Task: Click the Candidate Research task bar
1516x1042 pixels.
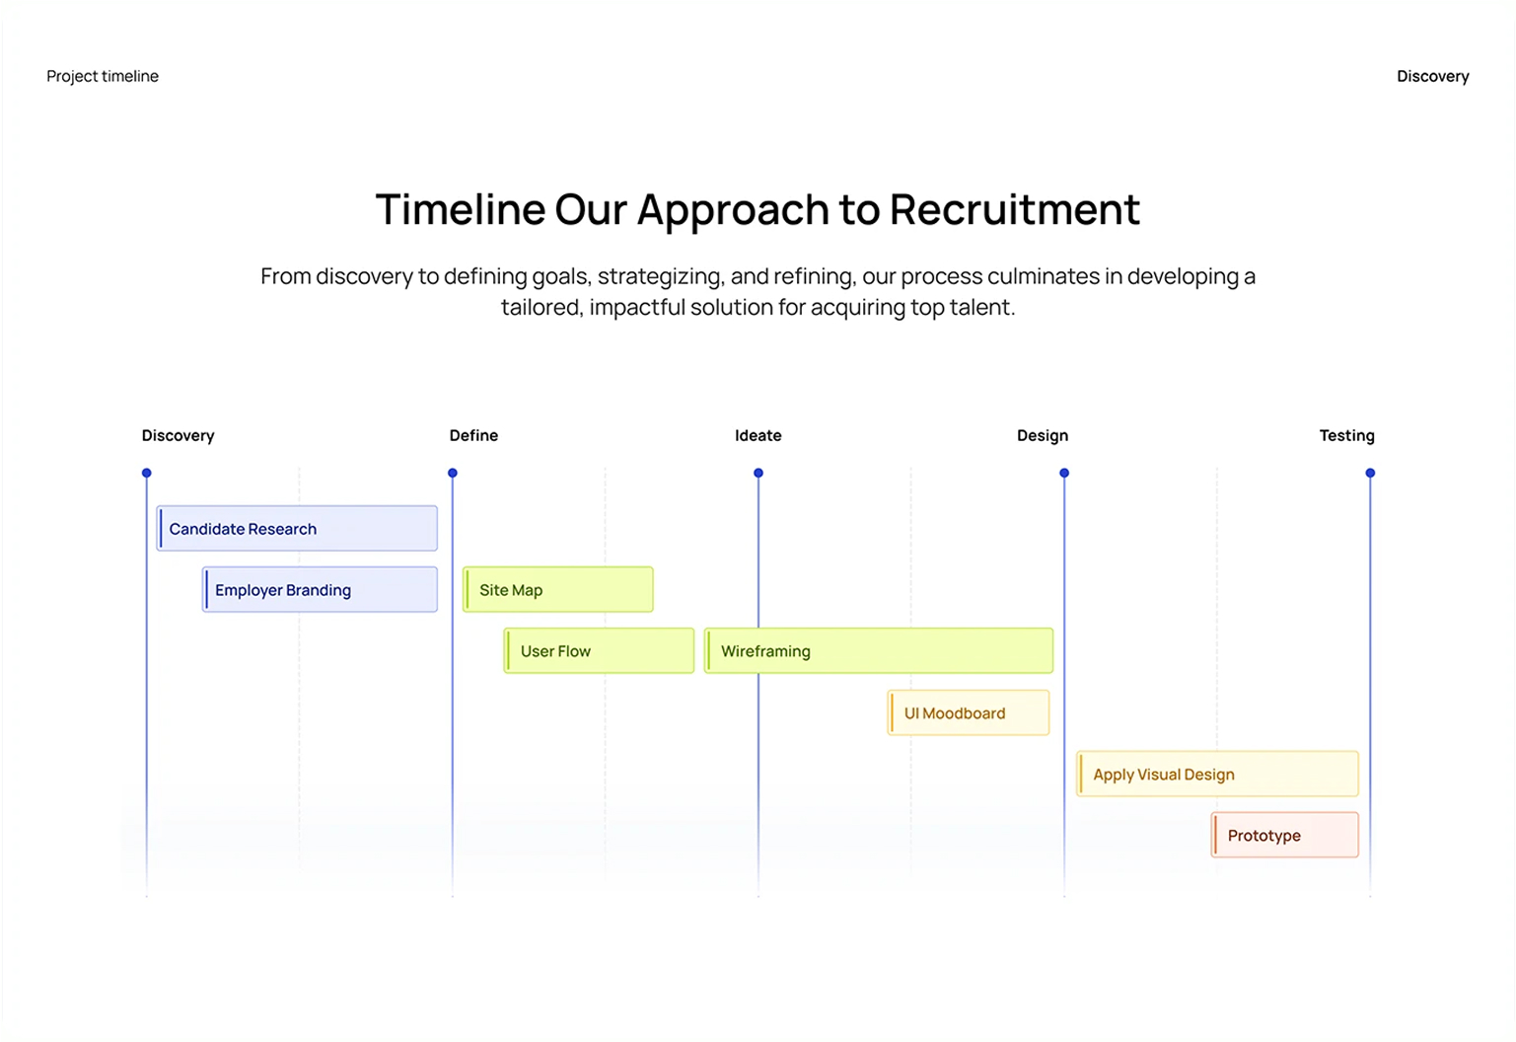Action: click(x=297, y=529)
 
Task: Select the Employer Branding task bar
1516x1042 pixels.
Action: click(x=320, y=590)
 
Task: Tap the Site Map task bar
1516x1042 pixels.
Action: click(x=558, y=590)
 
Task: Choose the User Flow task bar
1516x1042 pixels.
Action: click(x=599, y=651)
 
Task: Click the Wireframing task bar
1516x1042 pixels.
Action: click(x=879, y=651)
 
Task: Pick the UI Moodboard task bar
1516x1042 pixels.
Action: click(x=969, y=713)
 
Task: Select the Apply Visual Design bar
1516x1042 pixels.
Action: click(x=1217, y=775)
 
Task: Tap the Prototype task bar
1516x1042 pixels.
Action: click(x=1284, y=836)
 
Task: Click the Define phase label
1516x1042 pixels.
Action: click(x=473, y=435)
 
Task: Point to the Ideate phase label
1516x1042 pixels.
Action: click(x=758, y=435)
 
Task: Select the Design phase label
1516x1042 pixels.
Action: click(x=1043, y=435)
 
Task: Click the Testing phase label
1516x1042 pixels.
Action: click(x=1346, y=435)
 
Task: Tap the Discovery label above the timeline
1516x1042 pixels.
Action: click(x=178, y=435)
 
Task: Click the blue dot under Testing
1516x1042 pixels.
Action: click(x=1370, y=474)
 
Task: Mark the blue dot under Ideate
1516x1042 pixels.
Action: click(x=758, y=474)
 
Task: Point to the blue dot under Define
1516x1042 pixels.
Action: click(x=453, y=474)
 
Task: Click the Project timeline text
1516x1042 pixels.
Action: click(x=103, y=76)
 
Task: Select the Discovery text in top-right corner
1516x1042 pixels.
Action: click(x=1432, y=76)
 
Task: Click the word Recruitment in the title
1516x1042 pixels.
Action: click(x=1014, y=209)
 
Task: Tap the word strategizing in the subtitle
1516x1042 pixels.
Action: click(x=660, y=276)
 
